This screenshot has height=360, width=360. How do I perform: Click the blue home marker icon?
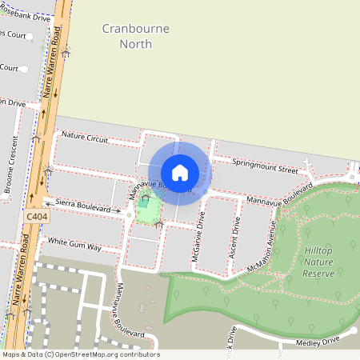pyautogui.click(x=180, y=172)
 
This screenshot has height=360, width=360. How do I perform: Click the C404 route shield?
pyautogui.click(x=36, y=216)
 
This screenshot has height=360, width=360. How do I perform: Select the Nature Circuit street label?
pyautogui.click(x=84, y=138)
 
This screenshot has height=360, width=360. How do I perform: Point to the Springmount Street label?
pyautogui.click(x=265, y=166)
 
